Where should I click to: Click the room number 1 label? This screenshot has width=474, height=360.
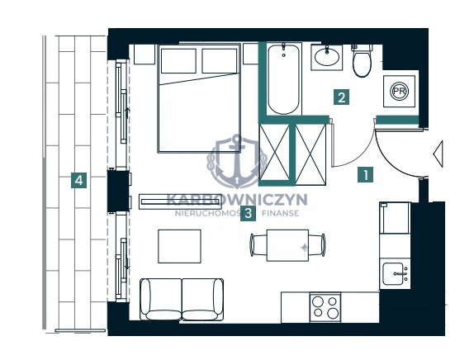366,175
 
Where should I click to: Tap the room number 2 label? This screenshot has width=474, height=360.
342,97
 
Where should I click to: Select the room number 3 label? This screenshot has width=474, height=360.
248,213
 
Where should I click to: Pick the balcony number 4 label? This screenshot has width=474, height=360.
79,181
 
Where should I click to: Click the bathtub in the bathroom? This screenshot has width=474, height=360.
283,79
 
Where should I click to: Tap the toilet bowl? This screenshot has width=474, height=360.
362,60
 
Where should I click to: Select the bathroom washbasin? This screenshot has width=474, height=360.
327,57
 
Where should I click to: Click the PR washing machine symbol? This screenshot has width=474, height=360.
399,91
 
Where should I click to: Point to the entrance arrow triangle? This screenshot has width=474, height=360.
438,154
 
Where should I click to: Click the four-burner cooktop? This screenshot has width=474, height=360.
325,307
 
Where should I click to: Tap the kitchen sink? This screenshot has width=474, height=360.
393,274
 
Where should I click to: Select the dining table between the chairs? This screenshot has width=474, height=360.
287,245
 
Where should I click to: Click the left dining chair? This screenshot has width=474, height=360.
258,245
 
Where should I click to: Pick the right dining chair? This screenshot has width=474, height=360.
317,245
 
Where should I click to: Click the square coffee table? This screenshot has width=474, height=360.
179,246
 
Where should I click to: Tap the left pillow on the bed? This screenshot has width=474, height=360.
178,61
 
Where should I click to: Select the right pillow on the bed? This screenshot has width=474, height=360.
220,61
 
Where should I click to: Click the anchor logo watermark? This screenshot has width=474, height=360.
236,162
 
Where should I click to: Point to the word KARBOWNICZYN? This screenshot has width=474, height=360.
237,200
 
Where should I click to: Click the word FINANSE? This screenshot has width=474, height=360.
280,213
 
